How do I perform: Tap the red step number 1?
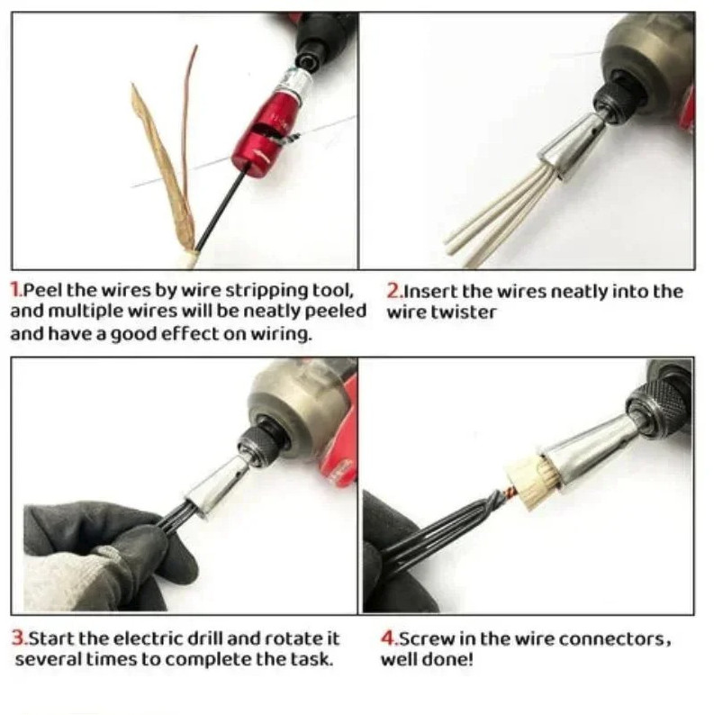pyautogui.click(x=15, y=291)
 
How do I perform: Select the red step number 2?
pyautogui.click(x=393, y=291)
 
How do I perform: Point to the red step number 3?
pyautogui.click(x=18, y=638)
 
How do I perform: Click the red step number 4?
pyautogui.click(x=389, y=638)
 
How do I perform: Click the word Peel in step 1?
pyautogui.click(x=41, y=291)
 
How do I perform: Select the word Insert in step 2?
pyautogui.click(x=427, y=291)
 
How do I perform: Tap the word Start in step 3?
pyautogui.click(x=51, y=638)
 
